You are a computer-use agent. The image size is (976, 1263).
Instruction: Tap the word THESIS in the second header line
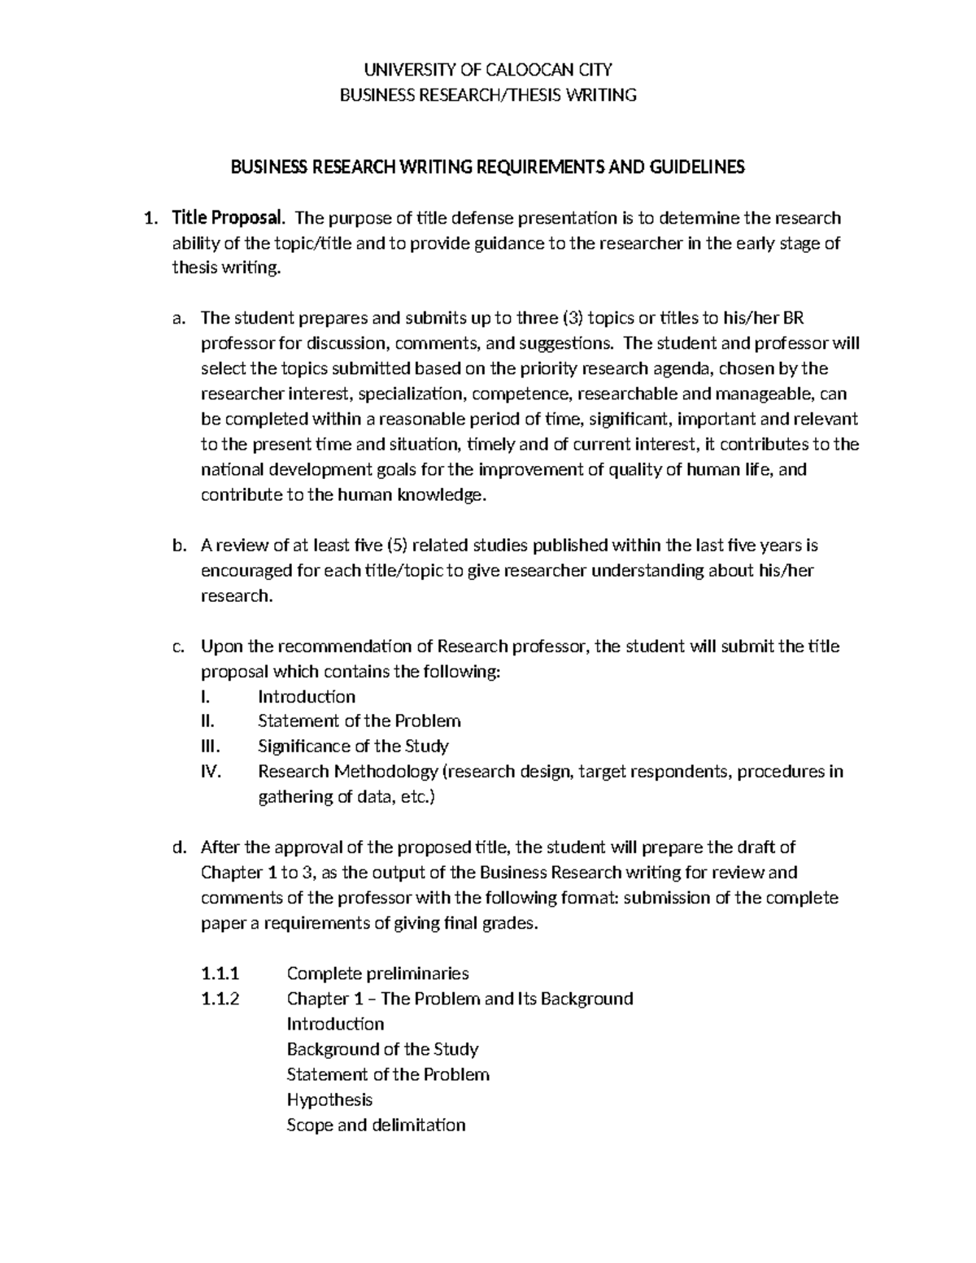(x=537, y=95)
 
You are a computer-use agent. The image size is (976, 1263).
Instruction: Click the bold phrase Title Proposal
(x=228, y=218)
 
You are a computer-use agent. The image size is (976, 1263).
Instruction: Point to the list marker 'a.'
(x=180, y=318)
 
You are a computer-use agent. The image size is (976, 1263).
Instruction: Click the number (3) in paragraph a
(x=572, y=318)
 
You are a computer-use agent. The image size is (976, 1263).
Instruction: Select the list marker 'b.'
(x=180, y=545)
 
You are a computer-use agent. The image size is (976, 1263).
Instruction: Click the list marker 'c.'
(x=180, y=647)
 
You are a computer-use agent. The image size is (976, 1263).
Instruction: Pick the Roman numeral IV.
(x=211, y=772)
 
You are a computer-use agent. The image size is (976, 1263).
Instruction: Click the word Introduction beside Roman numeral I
(x=307, y=697)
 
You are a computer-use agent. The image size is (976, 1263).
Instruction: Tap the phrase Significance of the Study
(x=353, y=747)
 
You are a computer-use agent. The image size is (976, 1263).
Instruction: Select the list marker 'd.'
(x=180, y=847)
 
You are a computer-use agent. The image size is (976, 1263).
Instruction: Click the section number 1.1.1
(x=220, y=973)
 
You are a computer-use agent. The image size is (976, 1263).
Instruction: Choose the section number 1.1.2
(x=220, y=999)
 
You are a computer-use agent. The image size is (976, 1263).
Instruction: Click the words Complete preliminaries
(x=377, y=973)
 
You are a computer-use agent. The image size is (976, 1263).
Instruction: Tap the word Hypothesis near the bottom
(x=329, y=1100)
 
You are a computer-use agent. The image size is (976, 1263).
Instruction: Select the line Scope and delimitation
(x=376, y=1125)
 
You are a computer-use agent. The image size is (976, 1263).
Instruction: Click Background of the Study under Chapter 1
(x=382, y=1049)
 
